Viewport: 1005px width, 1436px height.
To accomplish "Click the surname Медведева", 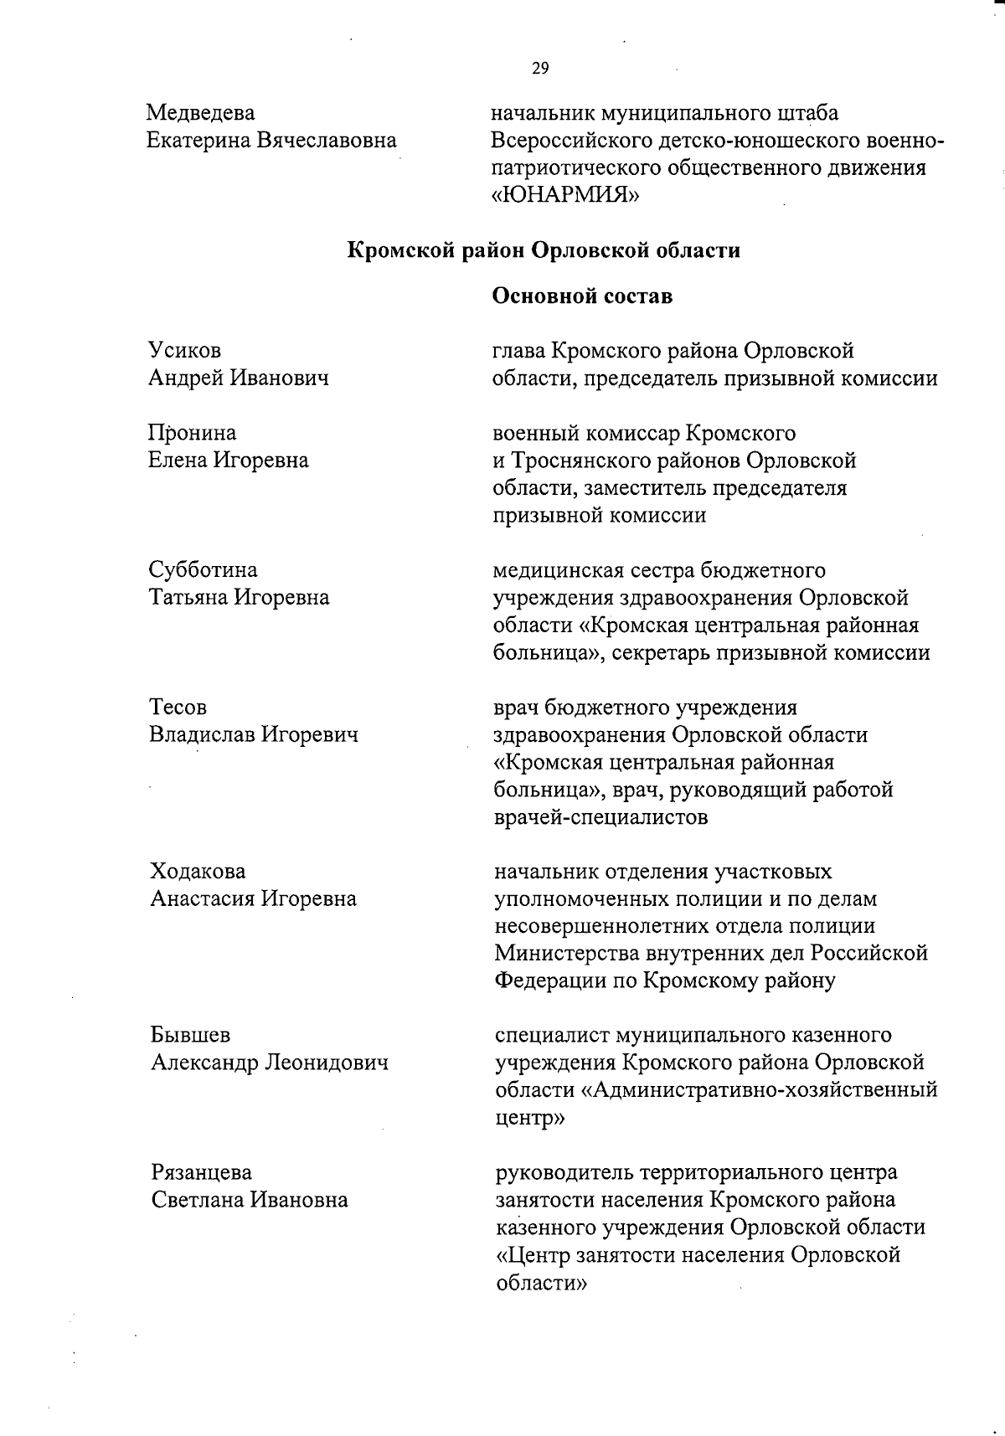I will (201, 112).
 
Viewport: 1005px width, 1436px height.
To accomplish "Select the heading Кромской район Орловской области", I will (544, 250).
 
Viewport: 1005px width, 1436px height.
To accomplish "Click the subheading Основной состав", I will (582, 296).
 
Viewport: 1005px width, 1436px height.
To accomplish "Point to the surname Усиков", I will (184, 350).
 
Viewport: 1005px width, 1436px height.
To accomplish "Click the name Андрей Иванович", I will (238, 378).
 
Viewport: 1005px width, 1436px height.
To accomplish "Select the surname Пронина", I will (192, 433).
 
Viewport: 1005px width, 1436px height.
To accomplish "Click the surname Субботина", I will (203, 570).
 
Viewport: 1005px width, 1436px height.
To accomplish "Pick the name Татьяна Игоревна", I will (239, 598).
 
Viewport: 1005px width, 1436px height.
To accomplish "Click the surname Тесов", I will (178, 708).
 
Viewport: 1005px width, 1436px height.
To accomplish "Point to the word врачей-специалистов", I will (600, 817).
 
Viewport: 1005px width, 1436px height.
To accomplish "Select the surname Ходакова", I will (198, 872).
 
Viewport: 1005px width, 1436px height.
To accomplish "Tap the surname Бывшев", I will (190, 1036).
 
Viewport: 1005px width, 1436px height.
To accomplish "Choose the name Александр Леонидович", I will (270, 1063).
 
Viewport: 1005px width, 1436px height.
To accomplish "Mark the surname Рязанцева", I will (201, 1172).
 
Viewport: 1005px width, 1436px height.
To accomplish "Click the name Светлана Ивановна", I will (249, 1200).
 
